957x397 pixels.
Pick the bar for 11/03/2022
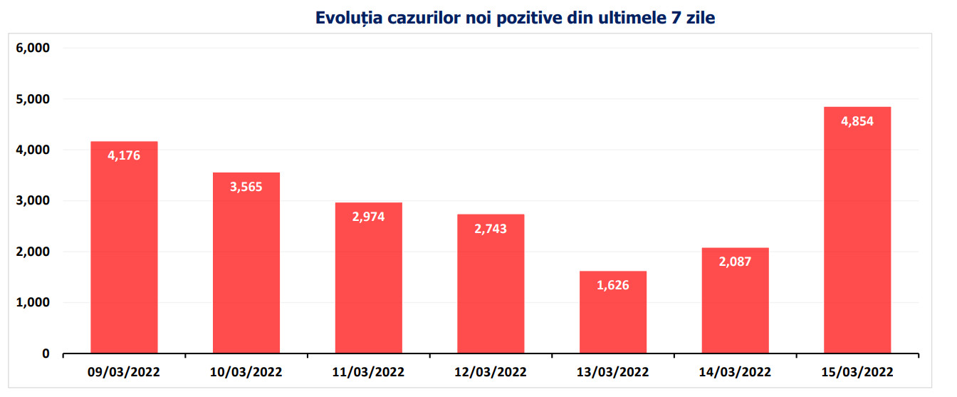(x=368, y=285)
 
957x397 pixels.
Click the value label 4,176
(x=124, y=155)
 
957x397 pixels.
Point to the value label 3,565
(x=246, y=187)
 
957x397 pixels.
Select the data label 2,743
(x=490, y=229)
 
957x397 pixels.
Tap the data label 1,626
(x=612, y=285)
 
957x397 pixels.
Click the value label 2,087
(x=735, y=261)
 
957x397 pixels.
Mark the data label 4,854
(x=857, y=121)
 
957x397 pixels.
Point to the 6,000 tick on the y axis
(x=32, y=48)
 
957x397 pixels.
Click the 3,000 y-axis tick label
(x=32, y=201)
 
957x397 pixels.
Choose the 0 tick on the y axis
(x=45, y=354)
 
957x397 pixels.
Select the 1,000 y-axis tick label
(x=32, y=303)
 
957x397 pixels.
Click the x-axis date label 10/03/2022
(x=246, y=372)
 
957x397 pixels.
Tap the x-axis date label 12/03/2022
(x=491, y=372)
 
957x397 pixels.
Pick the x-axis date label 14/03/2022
(x=735, y=372)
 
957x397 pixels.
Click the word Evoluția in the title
(x=346, y=19)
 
